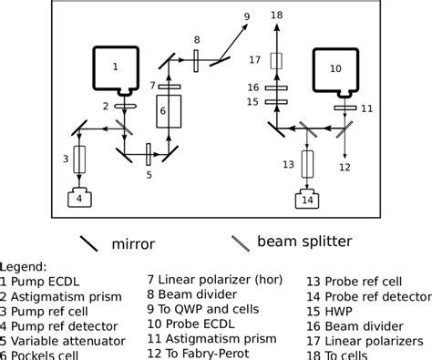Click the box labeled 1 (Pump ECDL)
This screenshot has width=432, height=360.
116,67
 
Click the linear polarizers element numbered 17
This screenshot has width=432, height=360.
278,61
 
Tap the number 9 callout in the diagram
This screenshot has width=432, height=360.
246,16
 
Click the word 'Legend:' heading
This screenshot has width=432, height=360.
24,267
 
